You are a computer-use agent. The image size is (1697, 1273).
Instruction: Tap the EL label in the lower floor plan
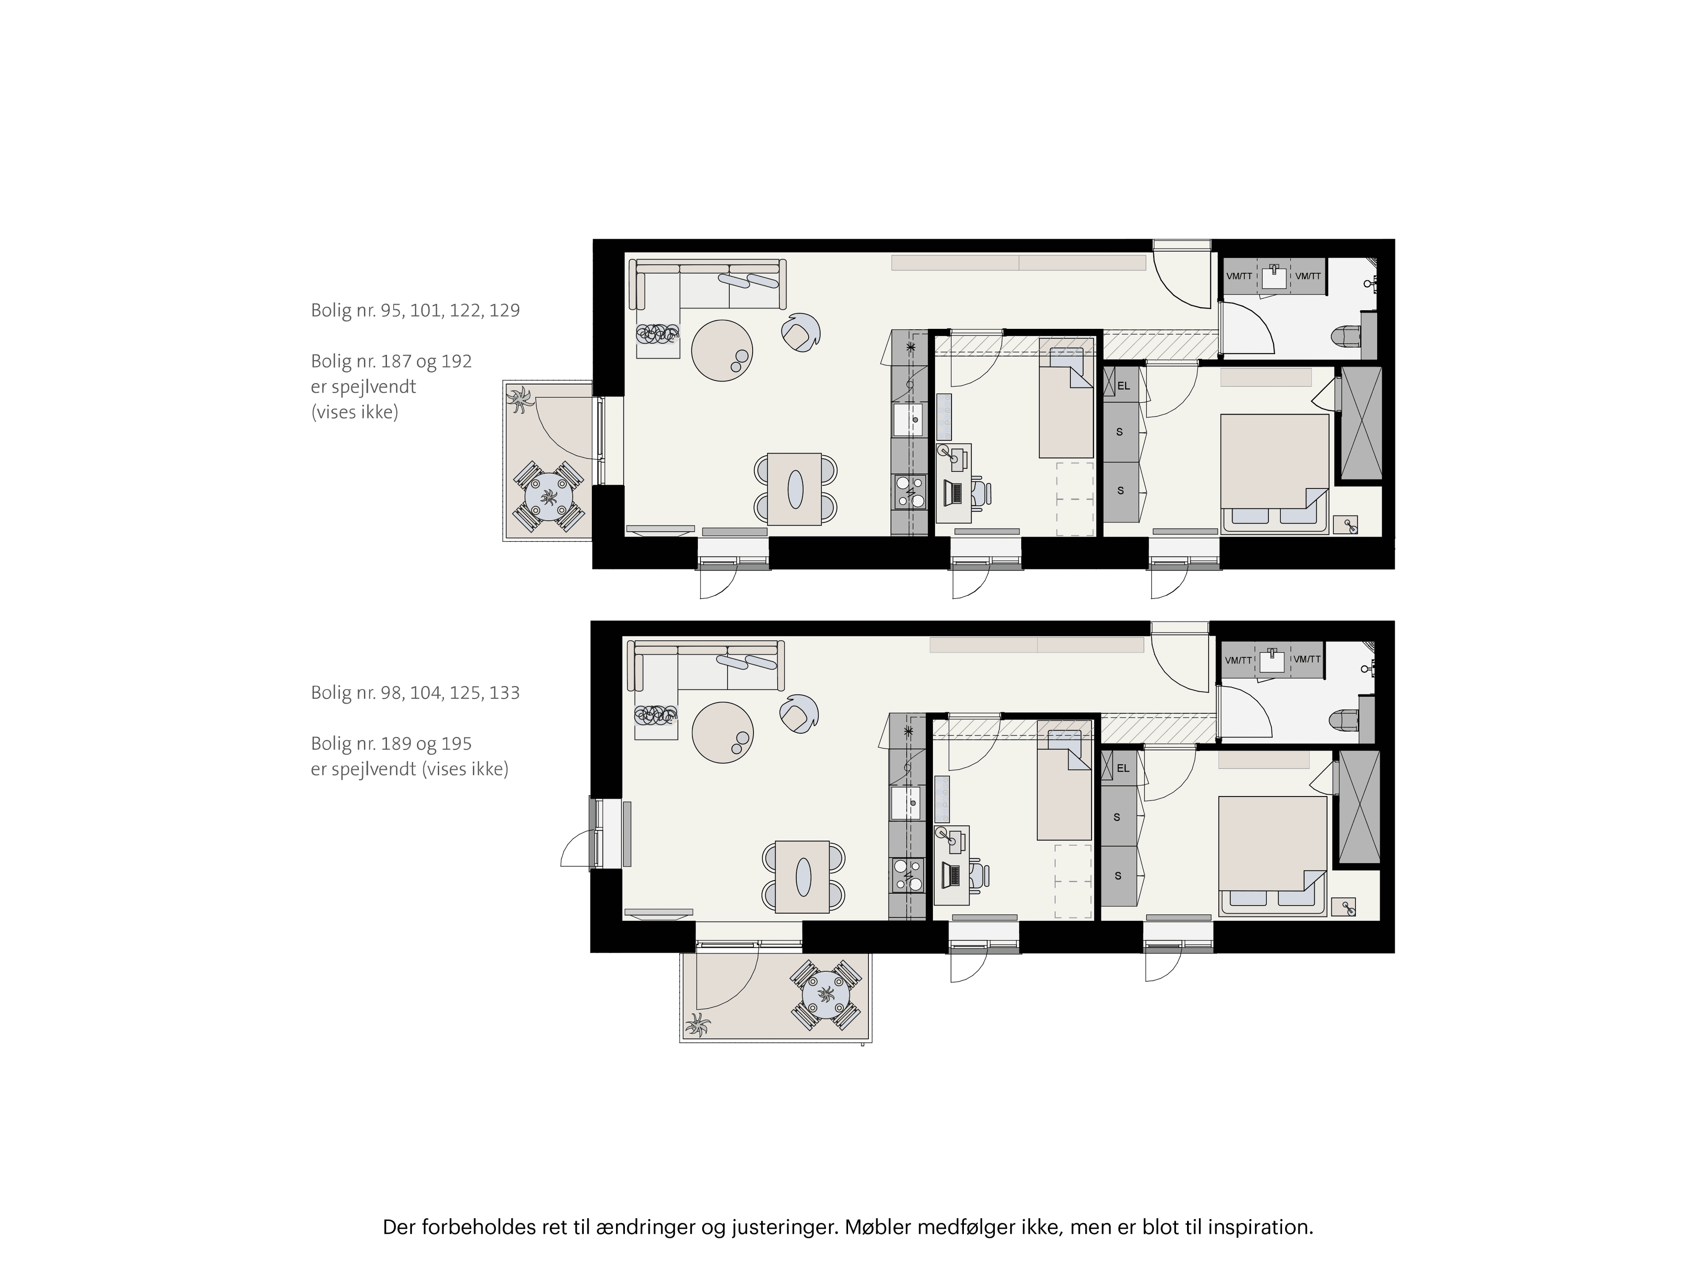1123,768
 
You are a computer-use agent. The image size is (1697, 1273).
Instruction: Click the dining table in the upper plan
795,489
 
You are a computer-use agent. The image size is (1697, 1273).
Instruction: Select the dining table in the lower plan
803,876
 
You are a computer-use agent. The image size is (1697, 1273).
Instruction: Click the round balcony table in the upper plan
548,496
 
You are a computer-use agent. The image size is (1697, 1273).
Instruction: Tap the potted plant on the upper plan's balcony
521,400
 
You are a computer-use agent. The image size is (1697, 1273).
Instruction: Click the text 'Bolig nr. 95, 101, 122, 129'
415,311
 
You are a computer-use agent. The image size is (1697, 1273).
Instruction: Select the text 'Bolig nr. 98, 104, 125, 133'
415,693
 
